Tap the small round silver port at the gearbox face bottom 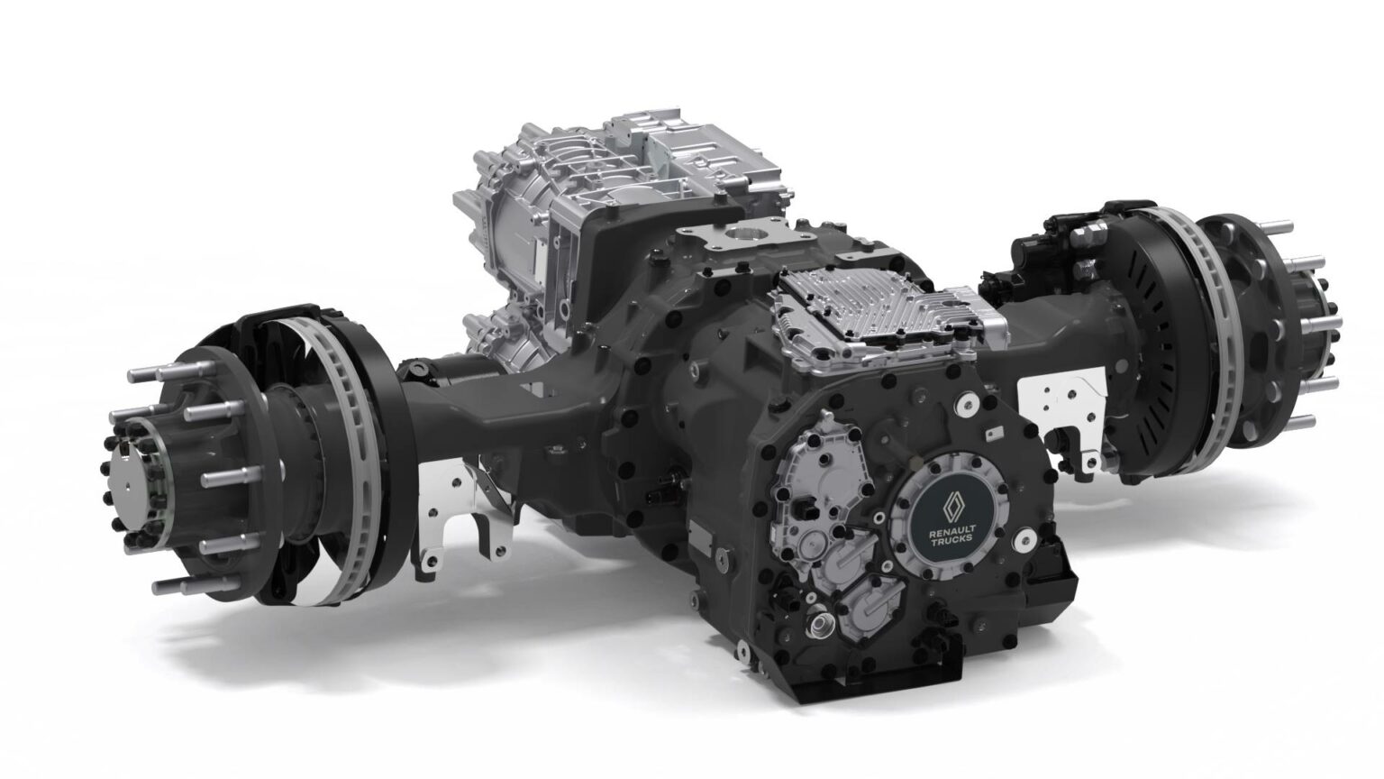(x=821, y=623)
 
